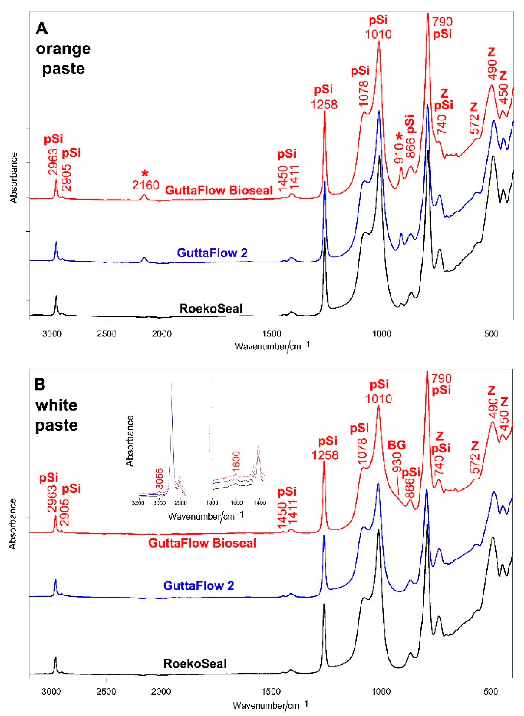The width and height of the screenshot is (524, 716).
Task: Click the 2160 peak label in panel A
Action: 146,185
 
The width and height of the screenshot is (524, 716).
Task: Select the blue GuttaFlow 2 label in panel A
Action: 212,253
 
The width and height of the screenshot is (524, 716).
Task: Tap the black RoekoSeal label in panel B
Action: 195,664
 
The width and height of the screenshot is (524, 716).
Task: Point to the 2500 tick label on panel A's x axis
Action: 107,334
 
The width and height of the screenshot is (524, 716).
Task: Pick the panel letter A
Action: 41,29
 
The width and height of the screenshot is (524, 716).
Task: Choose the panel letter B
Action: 40,385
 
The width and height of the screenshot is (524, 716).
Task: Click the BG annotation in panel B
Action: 397,445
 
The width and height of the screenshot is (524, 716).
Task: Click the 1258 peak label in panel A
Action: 324,104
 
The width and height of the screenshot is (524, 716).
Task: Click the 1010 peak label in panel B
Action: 378,399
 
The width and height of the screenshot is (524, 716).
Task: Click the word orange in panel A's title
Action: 63,49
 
